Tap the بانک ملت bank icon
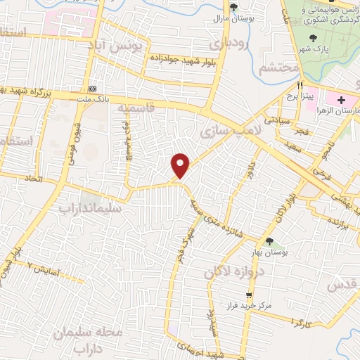[x=93, y=89]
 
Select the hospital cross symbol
[x=341, y=101]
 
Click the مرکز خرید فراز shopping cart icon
[x=247, y=295]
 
